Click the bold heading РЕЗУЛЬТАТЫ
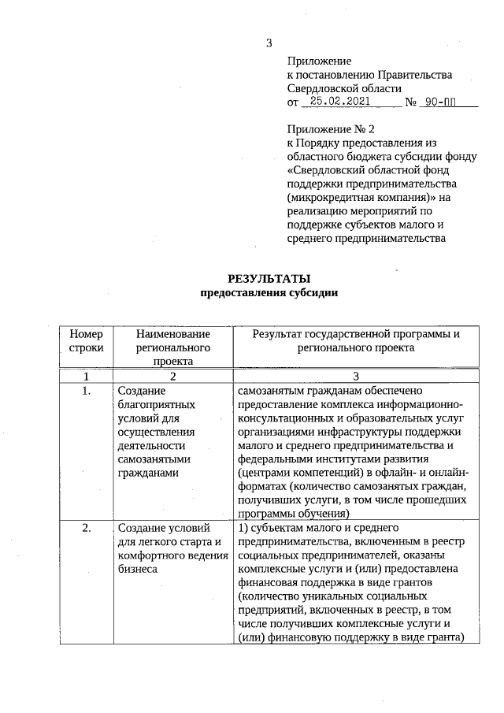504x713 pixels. point(269,279)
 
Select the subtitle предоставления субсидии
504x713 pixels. point(269,293)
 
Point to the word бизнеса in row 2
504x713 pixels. point(137,569)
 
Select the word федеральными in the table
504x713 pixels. point(274,459)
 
